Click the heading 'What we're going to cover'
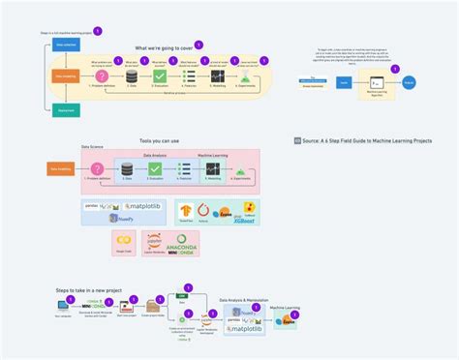click(x=162, y=46)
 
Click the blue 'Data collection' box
click(x=67, y=45)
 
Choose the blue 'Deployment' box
click(x=67, y=110)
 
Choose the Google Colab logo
click(x=124, y=240)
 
